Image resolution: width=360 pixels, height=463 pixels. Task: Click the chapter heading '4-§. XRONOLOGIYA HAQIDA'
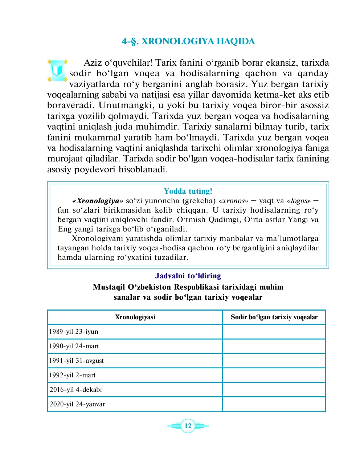click(x=188, y=41)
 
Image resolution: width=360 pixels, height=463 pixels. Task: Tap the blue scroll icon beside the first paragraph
click(x=57, y=70)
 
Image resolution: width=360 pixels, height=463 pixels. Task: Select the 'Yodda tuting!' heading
click(x=188, y=191)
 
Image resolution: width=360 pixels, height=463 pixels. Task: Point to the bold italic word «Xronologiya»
click(x=98, y=201)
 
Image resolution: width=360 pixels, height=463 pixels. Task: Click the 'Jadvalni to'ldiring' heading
click(x=188, y=276)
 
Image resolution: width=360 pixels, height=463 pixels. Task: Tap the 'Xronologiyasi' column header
click(x=135, y=317)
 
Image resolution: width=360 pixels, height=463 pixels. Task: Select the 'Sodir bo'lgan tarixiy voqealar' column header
click(x=274, y=317)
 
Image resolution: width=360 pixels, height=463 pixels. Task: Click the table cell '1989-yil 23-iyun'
click(x=74, y=332)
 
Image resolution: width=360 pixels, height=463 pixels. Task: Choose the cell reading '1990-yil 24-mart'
click(x=74, y=346)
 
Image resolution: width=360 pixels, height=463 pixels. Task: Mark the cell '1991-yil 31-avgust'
click(x=77, y=361)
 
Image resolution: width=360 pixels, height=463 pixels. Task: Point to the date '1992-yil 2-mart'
click(x=73, y=375)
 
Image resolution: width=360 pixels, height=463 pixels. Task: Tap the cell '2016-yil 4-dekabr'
click(x=76, y=390)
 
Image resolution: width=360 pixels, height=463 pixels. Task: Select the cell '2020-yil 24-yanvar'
click(x=77, y=404)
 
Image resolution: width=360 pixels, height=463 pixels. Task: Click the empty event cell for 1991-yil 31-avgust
click(x=274, y=361)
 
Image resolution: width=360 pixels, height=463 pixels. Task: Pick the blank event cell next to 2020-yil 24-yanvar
click(x=274, y=404)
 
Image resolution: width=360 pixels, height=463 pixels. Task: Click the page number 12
click(x=188, y=426)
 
